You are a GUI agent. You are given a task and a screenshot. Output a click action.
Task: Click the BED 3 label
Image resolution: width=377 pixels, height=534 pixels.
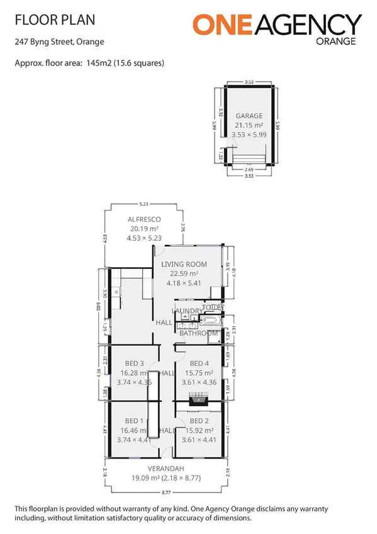coord(134,363)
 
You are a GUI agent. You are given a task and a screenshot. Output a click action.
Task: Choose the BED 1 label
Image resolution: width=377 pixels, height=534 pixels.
coord(134,421)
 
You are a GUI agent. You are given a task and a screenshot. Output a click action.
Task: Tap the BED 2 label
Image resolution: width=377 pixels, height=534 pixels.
coord(198,421)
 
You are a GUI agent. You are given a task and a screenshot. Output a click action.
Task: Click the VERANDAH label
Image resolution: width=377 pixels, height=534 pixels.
coord(166,469)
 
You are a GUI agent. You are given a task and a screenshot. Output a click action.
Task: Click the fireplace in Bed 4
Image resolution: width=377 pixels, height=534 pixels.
coord(199,398)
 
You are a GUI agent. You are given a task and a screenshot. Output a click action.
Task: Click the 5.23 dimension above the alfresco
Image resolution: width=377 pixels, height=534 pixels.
coord(145,203)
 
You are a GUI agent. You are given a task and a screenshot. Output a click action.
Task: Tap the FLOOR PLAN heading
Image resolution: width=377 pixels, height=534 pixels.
coord(55,20)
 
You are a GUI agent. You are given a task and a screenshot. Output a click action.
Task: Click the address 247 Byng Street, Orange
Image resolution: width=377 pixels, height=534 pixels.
coord(59,42)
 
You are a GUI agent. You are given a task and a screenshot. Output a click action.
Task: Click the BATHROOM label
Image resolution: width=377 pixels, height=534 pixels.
coord(198,333)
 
